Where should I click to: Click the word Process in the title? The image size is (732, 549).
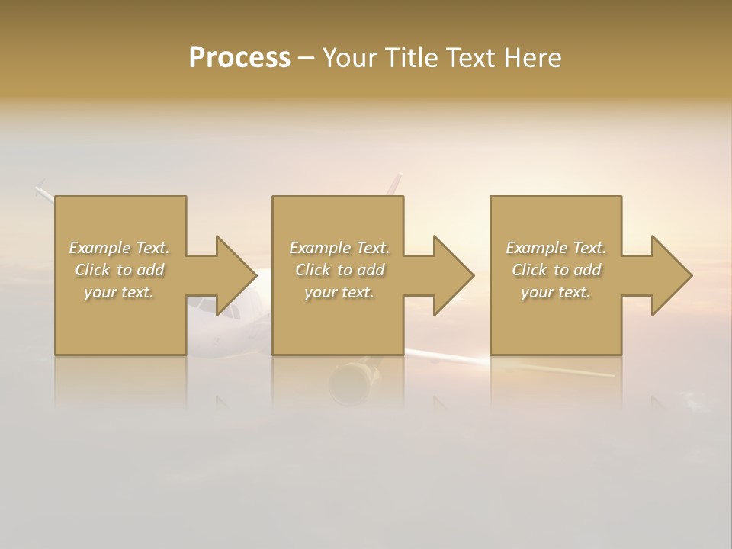[x=239, y=58]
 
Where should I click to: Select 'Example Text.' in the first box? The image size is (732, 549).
[x=119, y=248]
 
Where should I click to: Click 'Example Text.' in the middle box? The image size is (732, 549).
[x=339, y=248]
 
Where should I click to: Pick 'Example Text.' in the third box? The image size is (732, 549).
[x=556, y=248]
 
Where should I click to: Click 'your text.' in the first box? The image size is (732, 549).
[x=119, y=292]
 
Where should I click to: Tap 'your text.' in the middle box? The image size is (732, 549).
[x=339, y=292]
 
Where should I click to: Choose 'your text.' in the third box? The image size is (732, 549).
[x=556, y=292]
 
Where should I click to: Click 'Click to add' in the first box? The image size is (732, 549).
[x=119, y=270]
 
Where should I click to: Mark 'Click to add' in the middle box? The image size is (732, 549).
[x=339, y=270]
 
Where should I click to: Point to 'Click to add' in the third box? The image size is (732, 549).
[x=556, y=270]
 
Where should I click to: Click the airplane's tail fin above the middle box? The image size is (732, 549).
[x=394, y=185]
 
